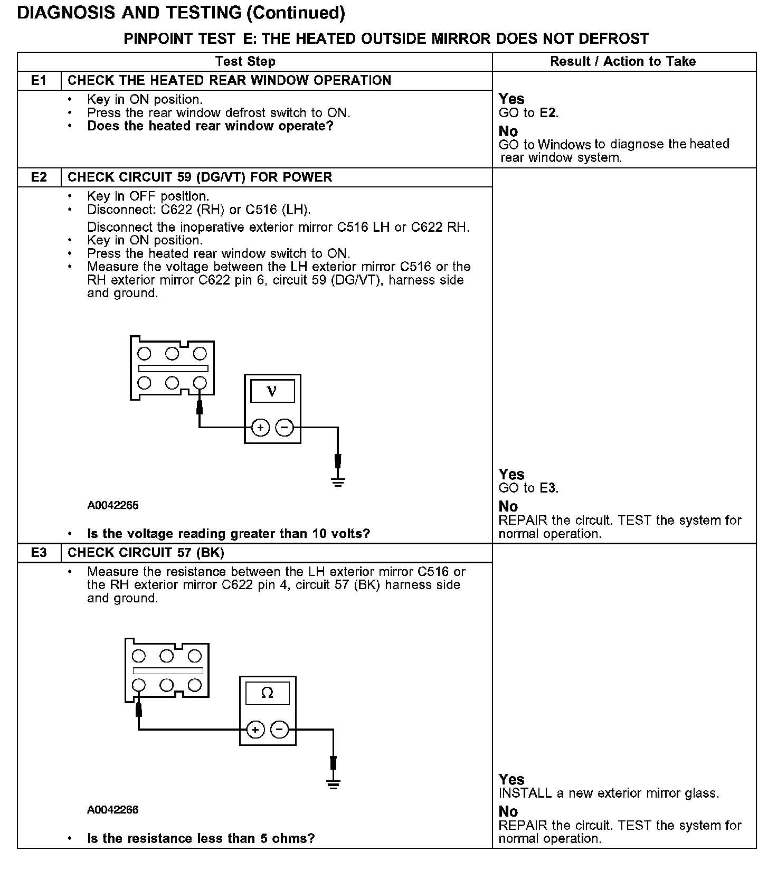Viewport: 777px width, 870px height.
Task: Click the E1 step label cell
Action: (39, 81)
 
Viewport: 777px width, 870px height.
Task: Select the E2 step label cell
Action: (39, 177)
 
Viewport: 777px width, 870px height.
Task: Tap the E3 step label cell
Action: (39, 553)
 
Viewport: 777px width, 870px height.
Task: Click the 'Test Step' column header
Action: (245, 62)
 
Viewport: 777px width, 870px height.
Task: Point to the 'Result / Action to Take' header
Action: (623, 62)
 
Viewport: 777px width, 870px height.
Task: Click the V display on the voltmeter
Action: (272, 392)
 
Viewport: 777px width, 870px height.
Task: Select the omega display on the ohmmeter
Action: (268, 693)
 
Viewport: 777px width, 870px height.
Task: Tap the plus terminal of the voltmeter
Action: (260, 427)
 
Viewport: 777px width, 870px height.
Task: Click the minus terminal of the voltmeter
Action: (285, 427)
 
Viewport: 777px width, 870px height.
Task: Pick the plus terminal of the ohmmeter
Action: (255, 730)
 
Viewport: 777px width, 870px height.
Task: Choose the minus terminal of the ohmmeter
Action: (280, 730)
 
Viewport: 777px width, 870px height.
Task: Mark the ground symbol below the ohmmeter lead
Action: (333, 783)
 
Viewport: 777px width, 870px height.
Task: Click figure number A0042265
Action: (113, 506)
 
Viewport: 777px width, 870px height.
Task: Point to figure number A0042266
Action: (113, 810)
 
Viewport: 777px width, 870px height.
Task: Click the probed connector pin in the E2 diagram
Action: (200, 383)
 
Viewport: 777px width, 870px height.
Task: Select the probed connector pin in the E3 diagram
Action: (139, 685)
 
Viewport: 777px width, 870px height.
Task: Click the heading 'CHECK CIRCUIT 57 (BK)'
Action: (146, 553)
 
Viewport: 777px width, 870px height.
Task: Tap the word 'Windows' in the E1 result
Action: (565, 145)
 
